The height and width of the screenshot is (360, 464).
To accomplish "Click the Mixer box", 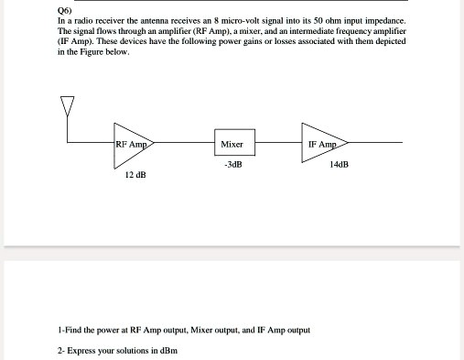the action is click(x=232, y=144).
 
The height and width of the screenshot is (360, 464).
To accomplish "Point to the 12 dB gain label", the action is click(x=135, y=173).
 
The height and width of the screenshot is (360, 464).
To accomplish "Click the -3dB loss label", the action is click(x=232, y=166).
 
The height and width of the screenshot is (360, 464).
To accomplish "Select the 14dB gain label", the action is click(x=339, y=166).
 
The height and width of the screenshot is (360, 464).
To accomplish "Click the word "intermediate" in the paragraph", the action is click(x=318, y=30).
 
